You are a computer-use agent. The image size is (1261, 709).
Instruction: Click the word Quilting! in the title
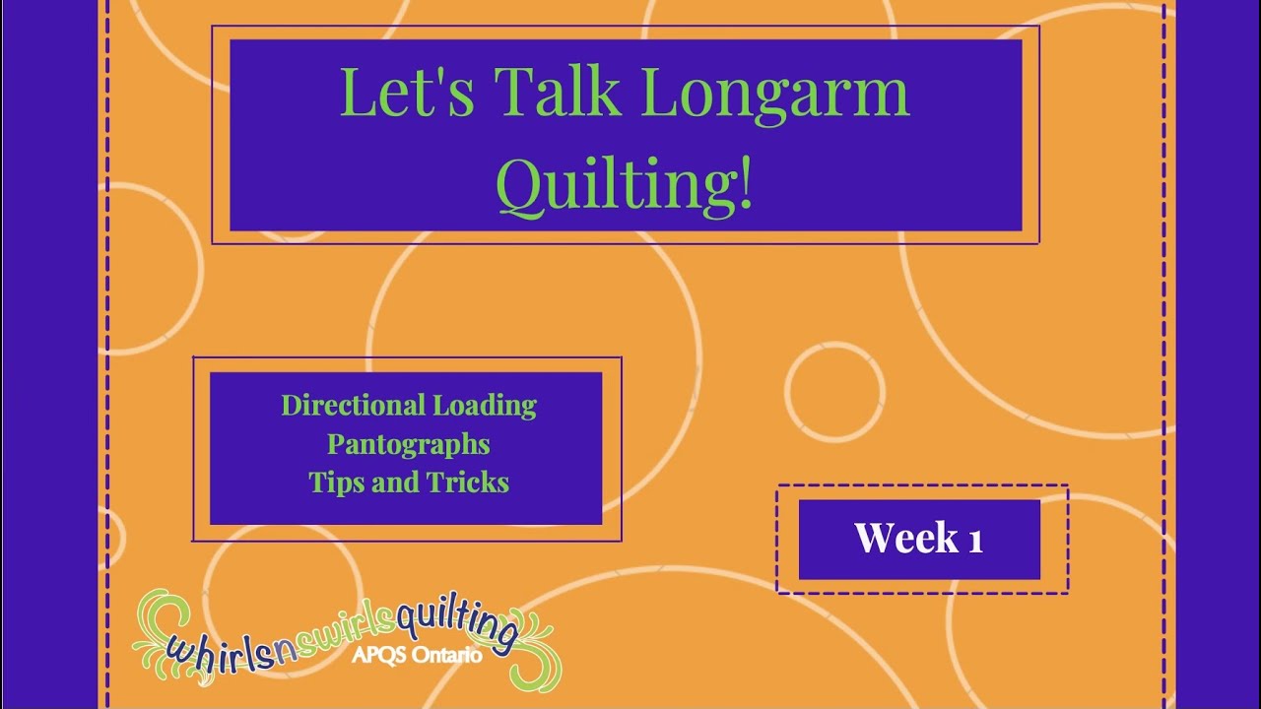pos(625,183)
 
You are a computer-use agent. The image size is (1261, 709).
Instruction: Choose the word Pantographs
pos(409,444)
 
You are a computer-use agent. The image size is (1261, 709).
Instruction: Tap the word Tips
pos(337,483)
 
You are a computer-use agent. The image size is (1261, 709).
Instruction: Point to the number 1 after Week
pos(975,539)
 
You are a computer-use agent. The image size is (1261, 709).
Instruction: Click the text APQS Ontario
pos(418,655)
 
